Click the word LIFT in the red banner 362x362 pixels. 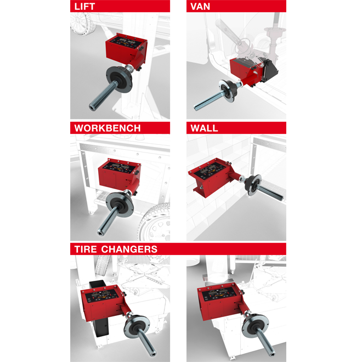pos(84,7)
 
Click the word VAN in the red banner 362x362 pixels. pos(200,7)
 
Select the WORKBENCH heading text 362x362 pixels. pos(108,128)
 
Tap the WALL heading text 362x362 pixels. pos(205,128)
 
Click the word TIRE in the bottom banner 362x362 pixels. pos(86,250)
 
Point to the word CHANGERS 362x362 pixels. pos(129,250)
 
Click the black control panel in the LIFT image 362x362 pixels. pos(123,42)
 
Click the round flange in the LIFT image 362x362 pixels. pos(120,79)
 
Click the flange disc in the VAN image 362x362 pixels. pos(228,91)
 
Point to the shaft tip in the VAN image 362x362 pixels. pos(196,108)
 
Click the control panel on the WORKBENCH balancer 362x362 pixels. pos(118,168)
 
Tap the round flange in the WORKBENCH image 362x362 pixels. pos(120,205)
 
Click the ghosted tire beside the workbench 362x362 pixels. pos(155,222)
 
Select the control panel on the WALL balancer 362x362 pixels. pos(210,171)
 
